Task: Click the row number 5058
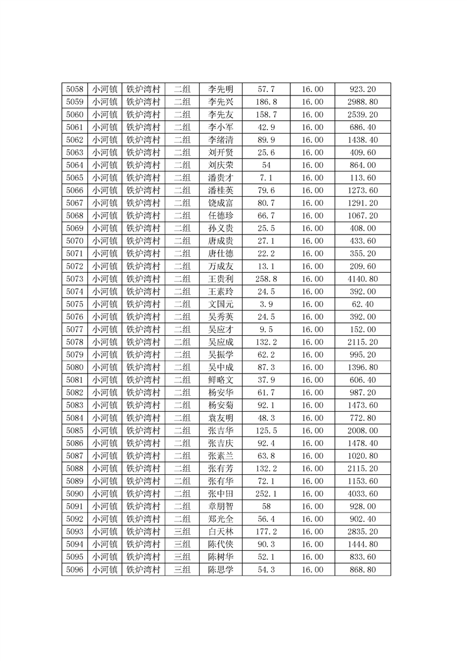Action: pos(74,90)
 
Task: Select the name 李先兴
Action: pos(221,102)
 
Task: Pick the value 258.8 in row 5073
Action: pos(266,279)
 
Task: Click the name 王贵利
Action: pos(221,279)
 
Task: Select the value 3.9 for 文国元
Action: pos(266,304)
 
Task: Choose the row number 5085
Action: pos(74,430)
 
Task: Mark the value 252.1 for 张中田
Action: pos(266,493)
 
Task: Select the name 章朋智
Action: pos(221,506)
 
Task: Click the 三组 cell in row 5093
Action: pos(182,531)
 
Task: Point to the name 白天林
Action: pos(221,531)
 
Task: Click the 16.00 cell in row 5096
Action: pos(312,569)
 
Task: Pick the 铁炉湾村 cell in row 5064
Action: pos(144,165)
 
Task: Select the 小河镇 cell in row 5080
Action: pos(104,367)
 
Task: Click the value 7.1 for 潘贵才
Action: pos(266,178)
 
